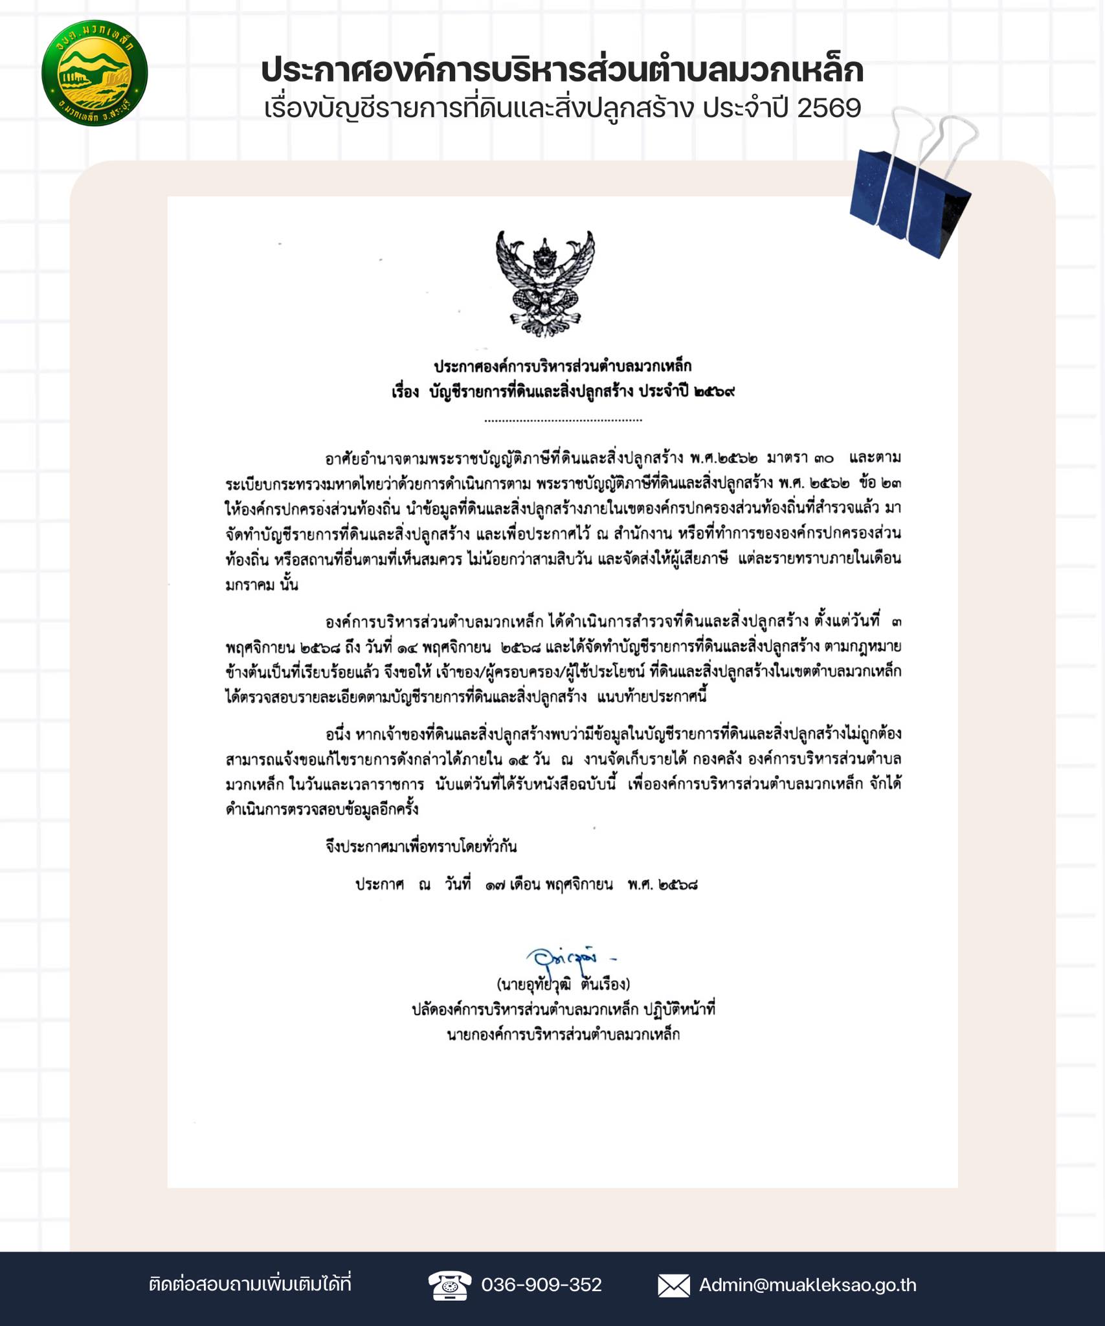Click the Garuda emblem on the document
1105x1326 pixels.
[x=545, y=283]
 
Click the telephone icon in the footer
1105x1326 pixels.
[x=450, y=1285]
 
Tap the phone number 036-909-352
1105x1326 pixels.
[x=541, y=1285]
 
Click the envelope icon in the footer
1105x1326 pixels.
[x=673, y=1285]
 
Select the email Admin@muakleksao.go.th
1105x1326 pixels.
[x=807, y=1285]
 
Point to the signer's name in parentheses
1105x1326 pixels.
[x=563, y=985]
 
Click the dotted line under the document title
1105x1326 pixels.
[x=563, y=420]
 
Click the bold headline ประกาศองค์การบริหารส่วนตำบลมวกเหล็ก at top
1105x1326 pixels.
[x=562, y=71]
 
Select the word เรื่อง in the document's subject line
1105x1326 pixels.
[x=405, y=392]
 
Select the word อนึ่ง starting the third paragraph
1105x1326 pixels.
[x=338, y=734]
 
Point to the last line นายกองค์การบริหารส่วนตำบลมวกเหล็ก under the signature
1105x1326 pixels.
[x=563, y=1035]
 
